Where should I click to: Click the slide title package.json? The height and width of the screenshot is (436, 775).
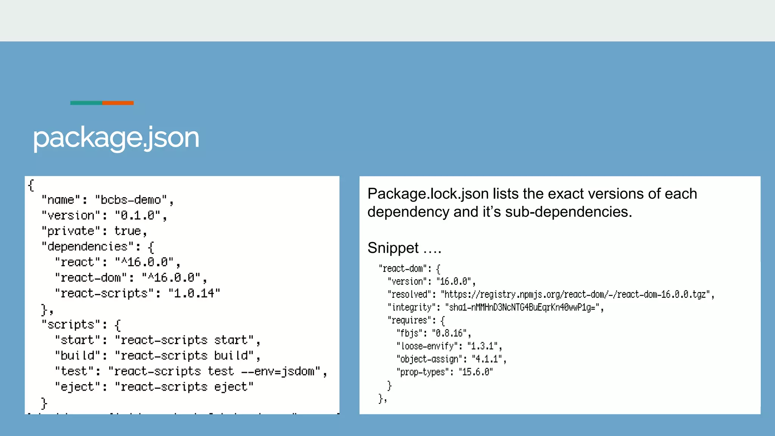click(x=116, y=138)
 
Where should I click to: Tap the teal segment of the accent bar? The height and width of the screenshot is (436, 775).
click(x=86, y=103)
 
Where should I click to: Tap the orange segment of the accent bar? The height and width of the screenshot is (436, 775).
click(x=118, y=103)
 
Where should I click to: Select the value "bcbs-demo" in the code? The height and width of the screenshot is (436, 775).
click(x=131, y=200)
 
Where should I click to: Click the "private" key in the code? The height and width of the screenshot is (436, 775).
click(x=68, y=231)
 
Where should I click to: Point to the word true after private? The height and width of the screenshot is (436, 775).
click(x=128, y=231)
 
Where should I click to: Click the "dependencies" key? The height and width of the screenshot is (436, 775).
click(x=87, y=247)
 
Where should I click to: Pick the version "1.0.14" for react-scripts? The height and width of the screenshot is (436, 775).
click(x=194, y=293)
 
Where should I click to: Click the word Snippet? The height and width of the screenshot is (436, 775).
click(x=393, y=248)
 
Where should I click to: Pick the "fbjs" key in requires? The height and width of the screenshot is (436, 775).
click(x=409, y=333)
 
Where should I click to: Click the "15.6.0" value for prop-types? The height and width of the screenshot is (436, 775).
click(x=476, y=372)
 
